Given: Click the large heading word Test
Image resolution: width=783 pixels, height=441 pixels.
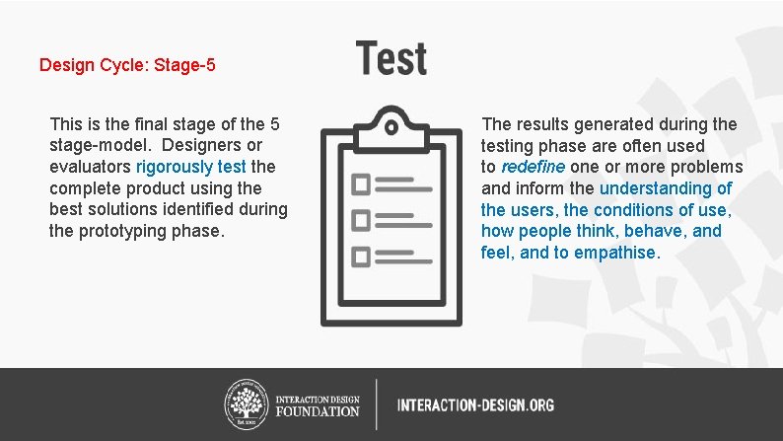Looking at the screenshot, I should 391,58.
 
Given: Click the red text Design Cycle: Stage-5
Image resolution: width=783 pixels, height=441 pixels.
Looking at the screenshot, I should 127,66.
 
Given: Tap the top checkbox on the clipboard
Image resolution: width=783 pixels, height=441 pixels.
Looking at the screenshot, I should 361,184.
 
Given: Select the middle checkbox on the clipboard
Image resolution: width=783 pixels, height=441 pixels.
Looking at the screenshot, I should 361,220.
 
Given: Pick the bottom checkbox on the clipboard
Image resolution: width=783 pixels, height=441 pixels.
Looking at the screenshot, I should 361,256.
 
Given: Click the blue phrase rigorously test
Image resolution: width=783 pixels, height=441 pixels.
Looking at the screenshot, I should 191,167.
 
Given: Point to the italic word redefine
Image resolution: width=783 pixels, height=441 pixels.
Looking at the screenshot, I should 533,167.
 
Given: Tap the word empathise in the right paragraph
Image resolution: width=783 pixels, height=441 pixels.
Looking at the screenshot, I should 617,253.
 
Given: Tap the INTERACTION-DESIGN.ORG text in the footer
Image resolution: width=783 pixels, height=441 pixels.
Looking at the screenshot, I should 475,404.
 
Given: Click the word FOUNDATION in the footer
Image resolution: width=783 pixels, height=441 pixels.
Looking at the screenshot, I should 318,410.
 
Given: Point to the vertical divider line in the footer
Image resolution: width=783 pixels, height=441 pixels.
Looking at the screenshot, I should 376,404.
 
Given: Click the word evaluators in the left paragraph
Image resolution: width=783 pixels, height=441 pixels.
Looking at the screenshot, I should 90,167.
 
